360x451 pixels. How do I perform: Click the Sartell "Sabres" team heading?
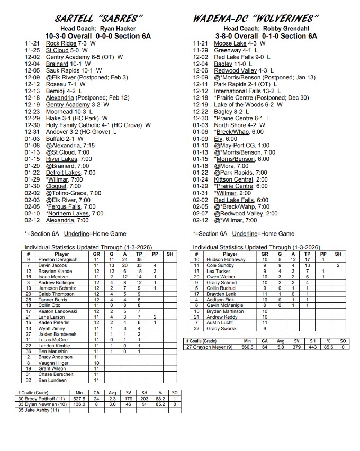coord(95,19)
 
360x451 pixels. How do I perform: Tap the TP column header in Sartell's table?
coord(139,254)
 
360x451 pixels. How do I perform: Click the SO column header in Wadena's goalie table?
coord(343,341)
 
